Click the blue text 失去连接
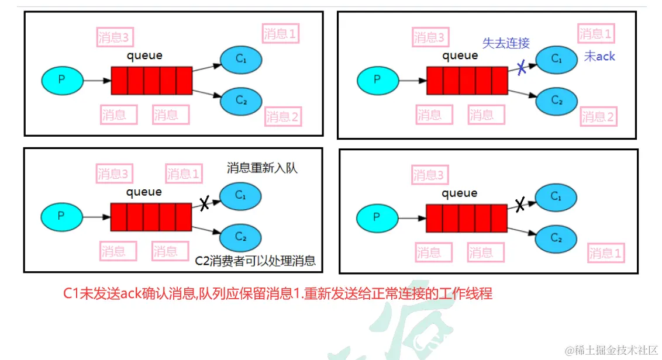tap(506, 43)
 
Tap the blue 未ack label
tap(599, 57)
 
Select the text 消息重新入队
tap(263, 168)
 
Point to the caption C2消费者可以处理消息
tap(256, 261)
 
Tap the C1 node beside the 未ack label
tap(556, 59)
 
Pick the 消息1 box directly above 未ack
tap(596, 34)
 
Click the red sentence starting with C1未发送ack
tap(278, 293)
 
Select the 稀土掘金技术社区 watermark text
tap(611, 349)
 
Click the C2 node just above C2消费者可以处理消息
tap(241, 237)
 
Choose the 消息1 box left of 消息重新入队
tap(184, 174)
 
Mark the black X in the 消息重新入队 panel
tap(204, 203)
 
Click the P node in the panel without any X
tap(61, 81)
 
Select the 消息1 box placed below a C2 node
tap(606, 253)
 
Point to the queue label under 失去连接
tap(460, 56)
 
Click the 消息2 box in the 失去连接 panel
tap(598, 117)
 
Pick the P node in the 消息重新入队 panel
tap(61, 216)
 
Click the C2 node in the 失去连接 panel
tap(556, 101)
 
